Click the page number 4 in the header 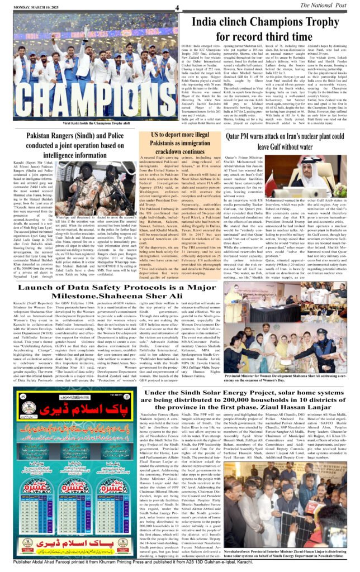click(177, 7)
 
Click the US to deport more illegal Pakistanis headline click(178, 143)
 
